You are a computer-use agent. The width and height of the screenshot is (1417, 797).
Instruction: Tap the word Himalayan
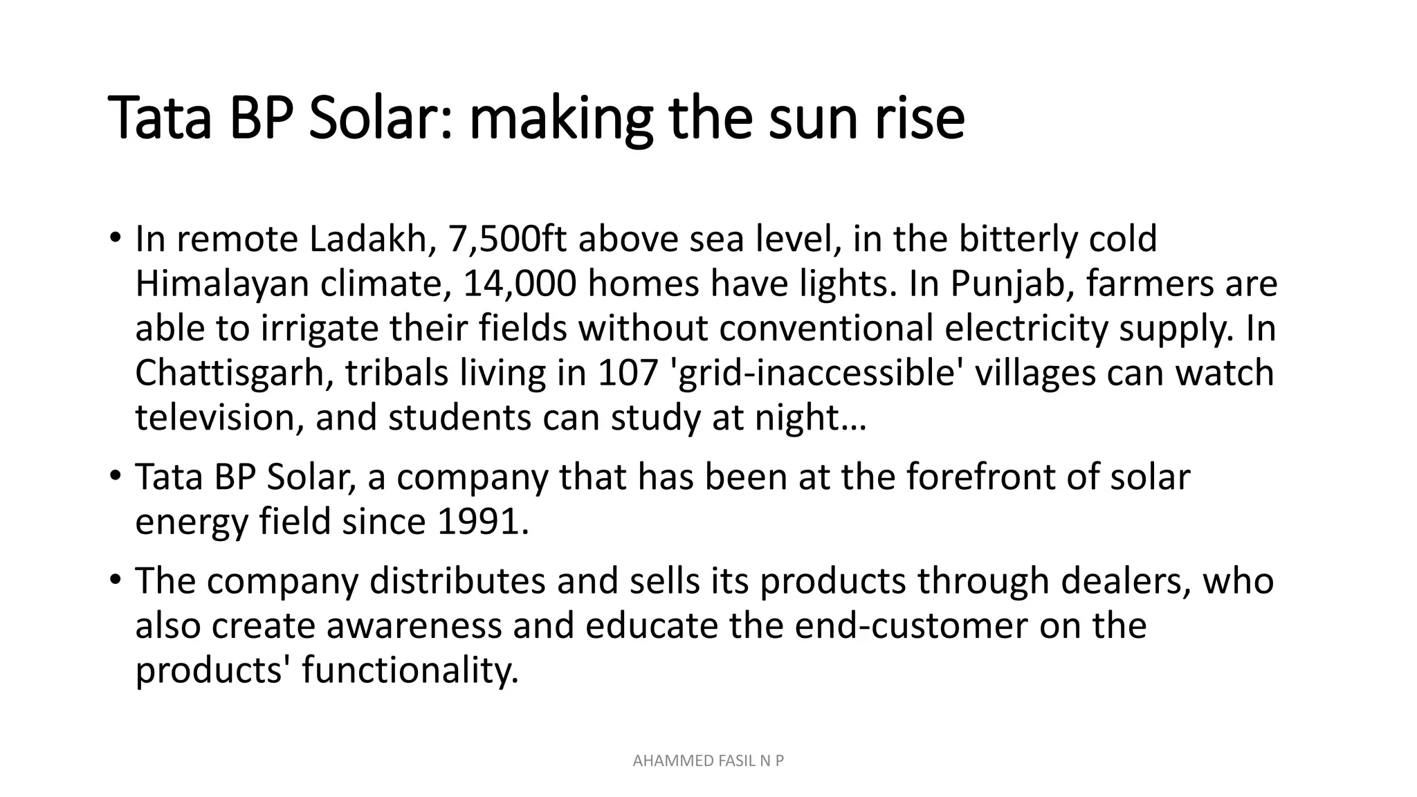pyautogui.click(x=221, y=284)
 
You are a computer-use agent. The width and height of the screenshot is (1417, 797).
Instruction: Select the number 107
pyautogui.click(x=628, y=374)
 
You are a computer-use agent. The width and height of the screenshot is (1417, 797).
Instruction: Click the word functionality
pyautogui.click(x=410, y=670)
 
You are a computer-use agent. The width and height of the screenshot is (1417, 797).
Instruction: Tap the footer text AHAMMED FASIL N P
pyautogui.click(x=708, y=762)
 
